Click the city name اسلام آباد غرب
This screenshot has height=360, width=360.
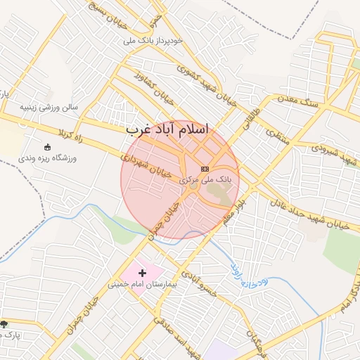pos(167,130)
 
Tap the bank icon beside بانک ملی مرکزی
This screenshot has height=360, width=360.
pos(205,169)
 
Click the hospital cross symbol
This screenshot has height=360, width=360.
pos(143,272)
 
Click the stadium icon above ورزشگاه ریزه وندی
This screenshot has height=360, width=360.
pos(48,147)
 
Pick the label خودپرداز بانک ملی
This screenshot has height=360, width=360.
pos(153,41)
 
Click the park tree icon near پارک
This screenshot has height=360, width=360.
pos(4,323)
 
